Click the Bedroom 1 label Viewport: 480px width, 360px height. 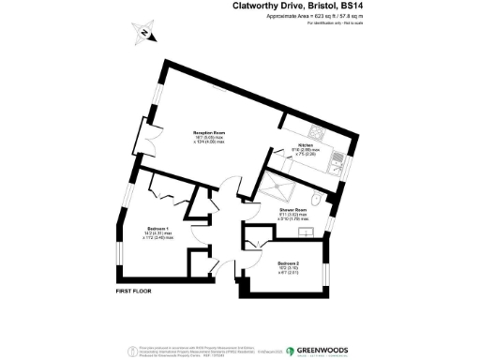click(x=157, y=228)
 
